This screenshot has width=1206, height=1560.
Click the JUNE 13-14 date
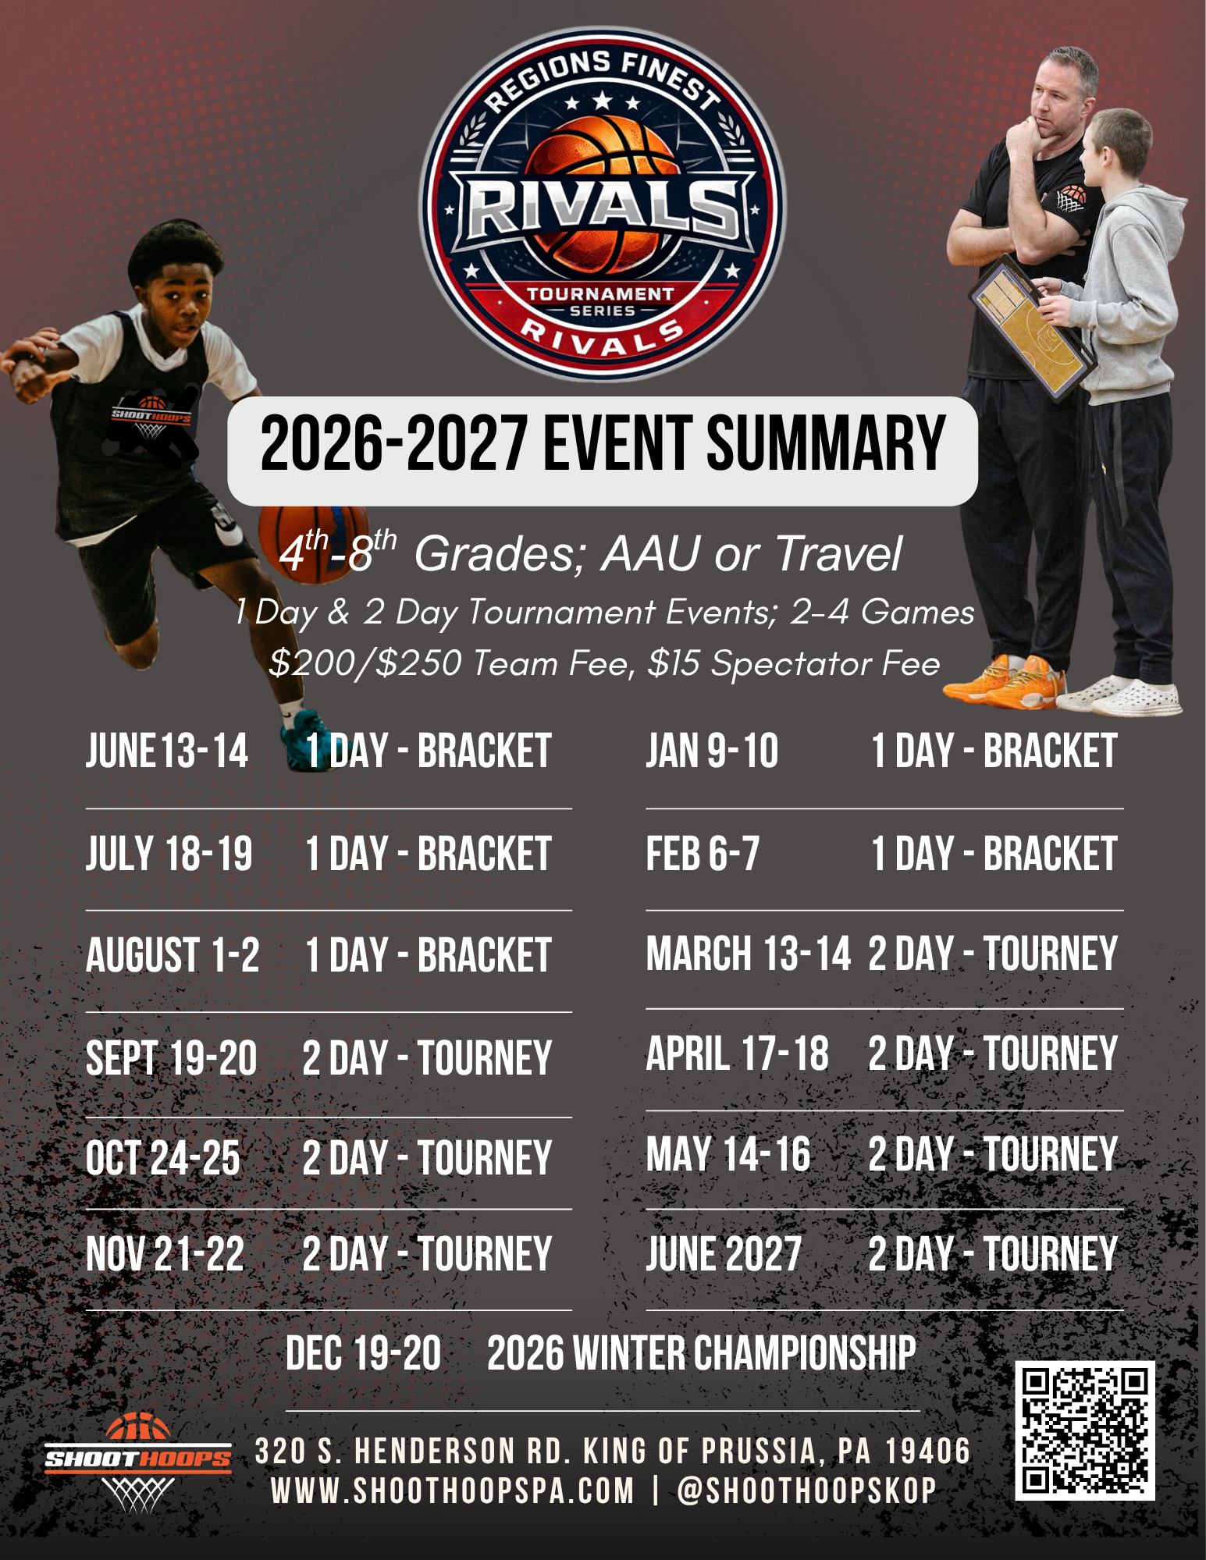(x=167, y=751)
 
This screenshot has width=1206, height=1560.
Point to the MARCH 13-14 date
(x=748, y=953)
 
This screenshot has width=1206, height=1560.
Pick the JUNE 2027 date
(x=724, y=1254)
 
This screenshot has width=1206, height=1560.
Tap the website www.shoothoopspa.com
(x=452, y=1491)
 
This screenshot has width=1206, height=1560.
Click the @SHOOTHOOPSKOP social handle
(x=806, y=1491)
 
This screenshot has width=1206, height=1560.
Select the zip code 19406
(x=928, y=1452)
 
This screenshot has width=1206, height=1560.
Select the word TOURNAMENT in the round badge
(x=600, y=294)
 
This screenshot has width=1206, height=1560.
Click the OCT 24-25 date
(x=163, y=1157)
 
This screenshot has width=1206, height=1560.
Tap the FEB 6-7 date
(x=703, y=853)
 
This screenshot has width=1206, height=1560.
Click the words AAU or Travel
(x=751, y=553)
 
